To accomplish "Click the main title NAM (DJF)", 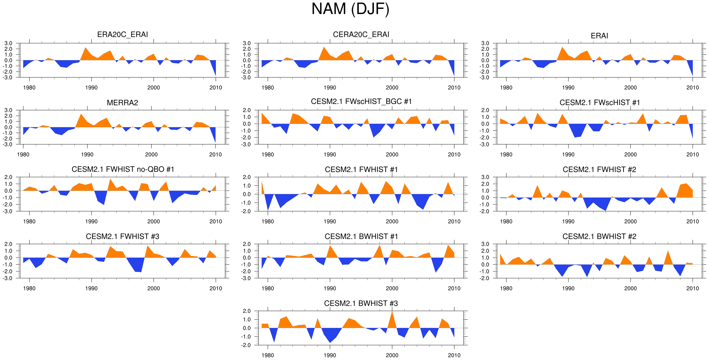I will coord(350,9).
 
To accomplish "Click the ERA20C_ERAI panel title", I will coord(122,34).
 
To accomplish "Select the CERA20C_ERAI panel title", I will coord(361,34).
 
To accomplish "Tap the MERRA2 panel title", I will coord(122,103).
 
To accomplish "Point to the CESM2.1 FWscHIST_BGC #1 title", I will coord(361,101).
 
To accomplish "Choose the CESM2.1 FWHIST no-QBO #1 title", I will coord(123,169).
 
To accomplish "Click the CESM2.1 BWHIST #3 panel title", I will coord(361,303).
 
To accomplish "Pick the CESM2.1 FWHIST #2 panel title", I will coord(599,170).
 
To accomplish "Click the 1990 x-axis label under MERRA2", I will coord(87,155).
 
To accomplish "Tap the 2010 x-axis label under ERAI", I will coord(692,88).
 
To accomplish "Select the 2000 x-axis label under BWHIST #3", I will coord(392,355).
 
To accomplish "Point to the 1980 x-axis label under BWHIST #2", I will coord(506,288).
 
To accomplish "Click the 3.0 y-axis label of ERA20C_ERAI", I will coord(8,43).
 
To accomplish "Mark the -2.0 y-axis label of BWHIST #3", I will coord(246,345).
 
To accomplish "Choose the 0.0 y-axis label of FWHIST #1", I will coord(247,194).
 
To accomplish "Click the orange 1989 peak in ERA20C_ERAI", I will coord(85,49).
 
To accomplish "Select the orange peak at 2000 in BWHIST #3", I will coord(392,313).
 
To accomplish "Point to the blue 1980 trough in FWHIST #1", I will coord(268,208).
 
